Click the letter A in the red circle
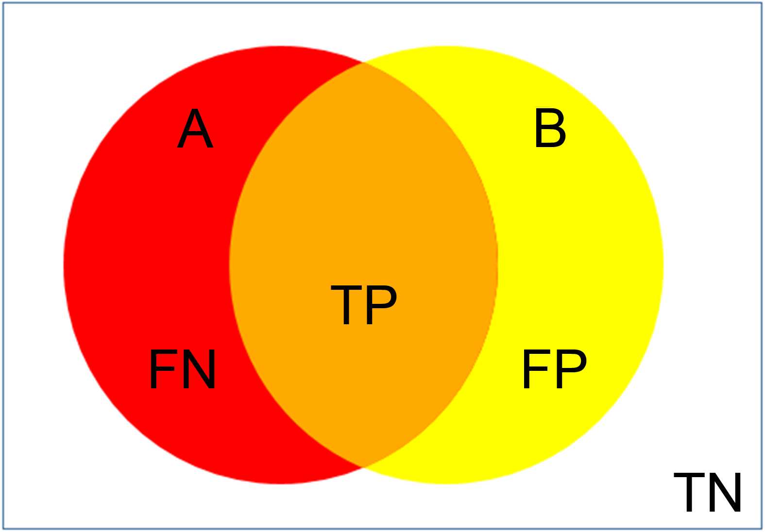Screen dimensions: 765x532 click(x=195, y=130)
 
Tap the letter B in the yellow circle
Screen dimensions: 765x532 click(x=550, y=129)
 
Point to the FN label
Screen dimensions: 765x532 click(x=182, y=369)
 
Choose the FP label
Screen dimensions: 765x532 click(x=554, y=369)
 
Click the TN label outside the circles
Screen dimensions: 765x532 click(x=708, y=492)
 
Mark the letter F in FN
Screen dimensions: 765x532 click(x=161, y=369)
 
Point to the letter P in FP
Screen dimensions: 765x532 click(x=570, y=369)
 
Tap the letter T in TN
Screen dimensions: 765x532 click(x=690, y=492)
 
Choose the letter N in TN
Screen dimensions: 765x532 click(x=725, y=492)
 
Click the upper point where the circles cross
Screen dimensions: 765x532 click(x=363, y=63)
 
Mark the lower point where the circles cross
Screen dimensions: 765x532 click(x=363, y=467)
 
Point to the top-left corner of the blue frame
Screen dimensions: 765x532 click(x=4, y=3)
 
